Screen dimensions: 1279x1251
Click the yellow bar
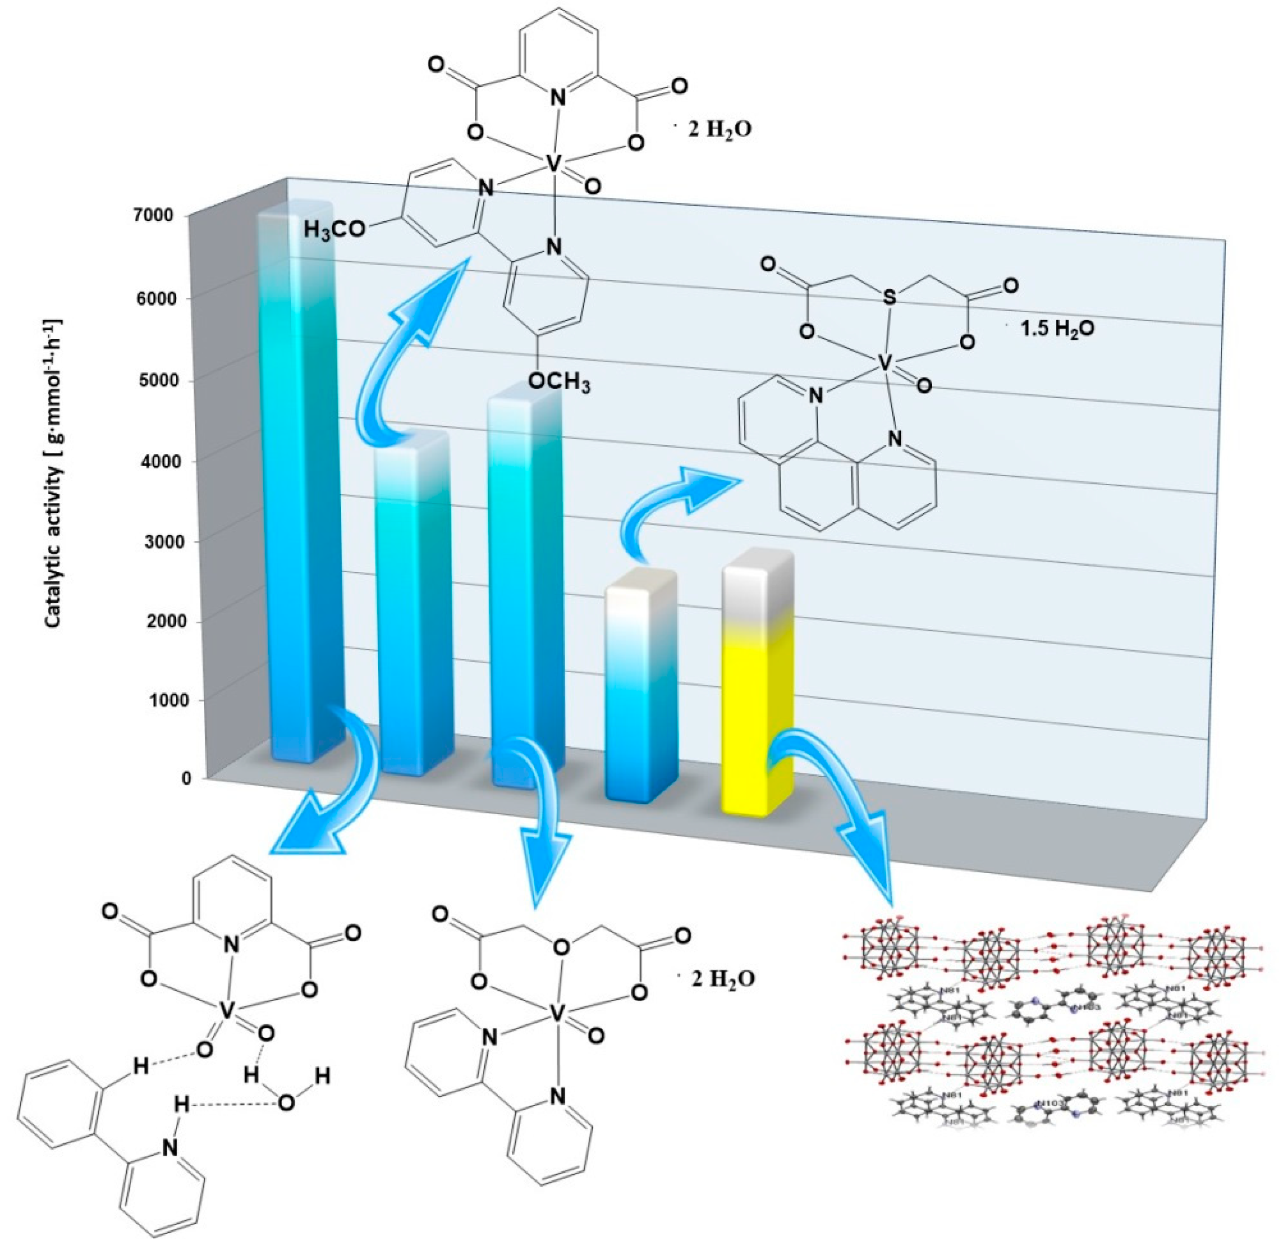pos(757,690)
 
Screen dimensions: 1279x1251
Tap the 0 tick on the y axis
pos(187,779)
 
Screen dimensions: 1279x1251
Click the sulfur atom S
pos(889,298)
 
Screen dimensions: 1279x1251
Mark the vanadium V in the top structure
pos(554,164)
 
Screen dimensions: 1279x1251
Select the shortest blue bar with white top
pos(641,683)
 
